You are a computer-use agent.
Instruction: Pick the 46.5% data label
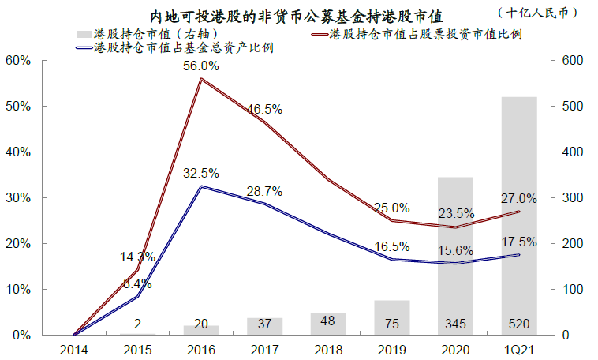click(263, 109)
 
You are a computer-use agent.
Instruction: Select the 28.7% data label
click(263, 192)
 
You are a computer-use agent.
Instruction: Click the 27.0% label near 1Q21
click(518, 198)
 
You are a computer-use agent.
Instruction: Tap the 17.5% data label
click(518, 242)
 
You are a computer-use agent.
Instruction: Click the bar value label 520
click(518, 323)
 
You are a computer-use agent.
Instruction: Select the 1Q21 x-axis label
click(518, 348)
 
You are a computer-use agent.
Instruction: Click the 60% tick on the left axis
click(18, 60)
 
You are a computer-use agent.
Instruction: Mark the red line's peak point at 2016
click(202, 79)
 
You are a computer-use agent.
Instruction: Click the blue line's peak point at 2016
click(202, 186)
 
